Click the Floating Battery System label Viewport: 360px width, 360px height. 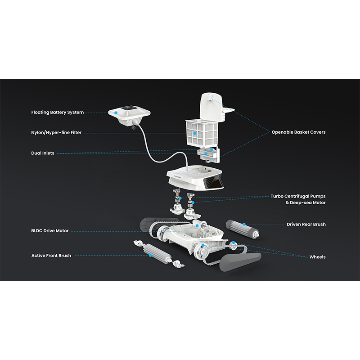click(x=58, y=112)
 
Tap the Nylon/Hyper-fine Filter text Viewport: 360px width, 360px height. click(x=56, y=133)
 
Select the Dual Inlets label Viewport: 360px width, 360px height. click(x=43, y=153)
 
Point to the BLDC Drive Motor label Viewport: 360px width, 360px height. click(x=50, y=231)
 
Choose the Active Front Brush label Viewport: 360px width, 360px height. click(x=51, y=256)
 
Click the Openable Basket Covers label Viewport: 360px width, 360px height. click(x=298, y=132)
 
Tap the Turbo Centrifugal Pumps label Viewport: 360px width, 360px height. click(x=298, y=196)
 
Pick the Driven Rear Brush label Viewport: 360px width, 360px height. click(x=306, y=224)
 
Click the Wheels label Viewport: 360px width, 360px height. click(x=317, y=257)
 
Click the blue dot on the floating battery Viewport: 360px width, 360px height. click(x=116, y=113)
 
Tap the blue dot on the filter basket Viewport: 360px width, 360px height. click(x=195, y=133)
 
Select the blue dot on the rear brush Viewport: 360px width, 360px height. click(x=244, y=224)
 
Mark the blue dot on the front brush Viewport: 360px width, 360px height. click(x=151, y=255)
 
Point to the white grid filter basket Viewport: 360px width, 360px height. click(x=202, y=133)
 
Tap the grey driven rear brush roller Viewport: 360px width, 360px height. click(x=243, y=229)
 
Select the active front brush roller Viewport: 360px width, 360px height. click(x=157, y=253)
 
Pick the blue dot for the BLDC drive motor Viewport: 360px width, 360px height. click(x=197, y=226)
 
